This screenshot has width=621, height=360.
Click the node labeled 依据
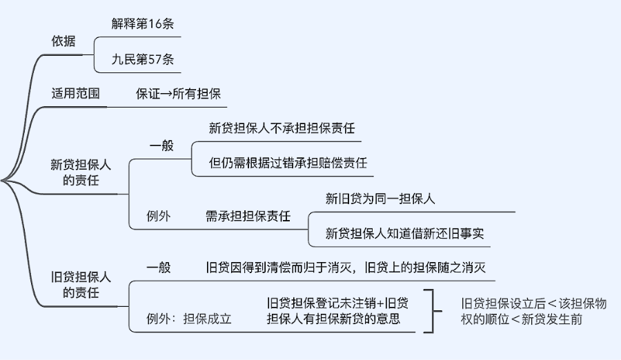63,41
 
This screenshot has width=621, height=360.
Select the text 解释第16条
143,23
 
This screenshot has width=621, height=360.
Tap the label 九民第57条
143,59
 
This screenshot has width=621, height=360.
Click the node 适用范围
75,93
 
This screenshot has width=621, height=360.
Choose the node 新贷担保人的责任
81,173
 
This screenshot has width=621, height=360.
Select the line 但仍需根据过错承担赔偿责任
288,163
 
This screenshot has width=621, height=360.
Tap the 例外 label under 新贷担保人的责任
159,216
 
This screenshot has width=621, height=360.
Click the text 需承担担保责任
248,216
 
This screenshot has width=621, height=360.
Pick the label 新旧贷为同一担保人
379,199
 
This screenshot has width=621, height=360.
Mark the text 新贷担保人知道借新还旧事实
405,234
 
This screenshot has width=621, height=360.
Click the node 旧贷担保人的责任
81,285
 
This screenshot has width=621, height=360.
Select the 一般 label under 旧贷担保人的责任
159,268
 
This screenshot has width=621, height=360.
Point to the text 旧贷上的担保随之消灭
430,268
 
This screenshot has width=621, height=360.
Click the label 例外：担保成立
188,319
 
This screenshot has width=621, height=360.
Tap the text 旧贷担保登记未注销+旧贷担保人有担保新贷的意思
337,311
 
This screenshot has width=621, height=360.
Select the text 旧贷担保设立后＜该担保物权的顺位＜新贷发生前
533,311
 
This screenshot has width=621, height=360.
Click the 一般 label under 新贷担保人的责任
161,146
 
